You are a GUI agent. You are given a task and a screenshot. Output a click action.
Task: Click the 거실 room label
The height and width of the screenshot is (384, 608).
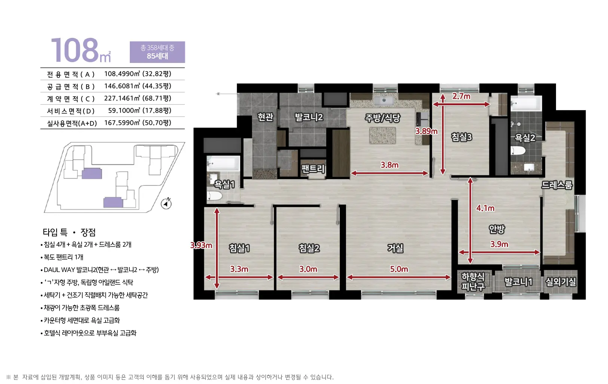(x=395, y=248)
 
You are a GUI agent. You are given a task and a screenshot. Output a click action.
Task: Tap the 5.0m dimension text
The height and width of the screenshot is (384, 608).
(x=399, y=269)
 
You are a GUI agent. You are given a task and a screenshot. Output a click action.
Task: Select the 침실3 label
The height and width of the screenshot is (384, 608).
(x=461, y=137)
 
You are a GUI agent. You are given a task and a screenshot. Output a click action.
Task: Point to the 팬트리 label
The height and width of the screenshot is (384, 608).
(x=313, y=169)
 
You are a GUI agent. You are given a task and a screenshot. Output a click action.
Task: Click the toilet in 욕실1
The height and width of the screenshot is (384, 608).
(x=214, y=196)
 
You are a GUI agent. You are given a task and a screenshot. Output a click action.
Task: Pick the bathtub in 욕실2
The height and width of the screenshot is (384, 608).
(x=526, y=103)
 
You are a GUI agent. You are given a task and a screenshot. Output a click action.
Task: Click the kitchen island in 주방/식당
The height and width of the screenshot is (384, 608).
(x=382, y=135)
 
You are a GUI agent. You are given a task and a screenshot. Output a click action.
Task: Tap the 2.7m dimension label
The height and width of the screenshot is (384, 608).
(x=461, y=96)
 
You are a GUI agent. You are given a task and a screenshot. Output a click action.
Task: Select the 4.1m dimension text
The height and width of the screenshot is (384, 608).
(x=485, y=208)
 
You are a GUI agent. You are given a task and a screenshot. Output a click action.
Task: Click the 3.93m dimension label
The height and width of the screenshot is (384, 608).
(x=201, y=245)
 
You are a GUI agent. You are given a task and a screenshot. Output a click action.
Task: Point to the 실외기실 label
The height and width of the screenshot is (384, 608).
(x=561, y=282)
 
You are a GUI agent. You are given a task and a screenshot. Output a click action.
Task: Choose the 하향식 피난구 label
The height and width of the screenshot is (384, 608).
(x=473, y=282)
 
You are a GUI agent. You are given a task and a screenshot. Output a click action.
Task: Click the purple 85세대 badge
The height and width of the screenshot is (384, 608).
(x=158, y=52)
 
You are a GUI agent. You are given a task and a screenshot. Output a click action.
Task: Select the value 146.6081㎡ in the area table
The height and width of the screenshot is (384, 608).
(x=122, y=86)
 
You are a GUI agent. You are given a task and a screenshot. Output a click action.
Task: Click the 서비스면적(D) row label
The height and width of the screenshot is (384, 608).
(x=71, y=111)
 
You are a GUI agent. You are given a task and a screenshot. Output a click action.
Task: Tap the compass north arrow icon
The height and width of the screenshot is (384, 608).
(x=166, y=203)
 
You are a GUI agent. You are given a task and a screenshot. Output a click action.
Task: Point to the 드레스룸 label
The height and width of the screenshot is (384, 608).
(x=557, y=185)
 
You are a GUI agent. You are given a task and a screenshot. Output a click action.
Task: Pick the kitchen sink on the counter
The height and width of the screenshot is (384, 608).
(x=384, y=100)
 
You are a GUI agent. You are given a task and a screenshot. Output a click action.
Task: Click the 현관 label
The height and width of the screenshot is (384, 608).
(x=265, y=117)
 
